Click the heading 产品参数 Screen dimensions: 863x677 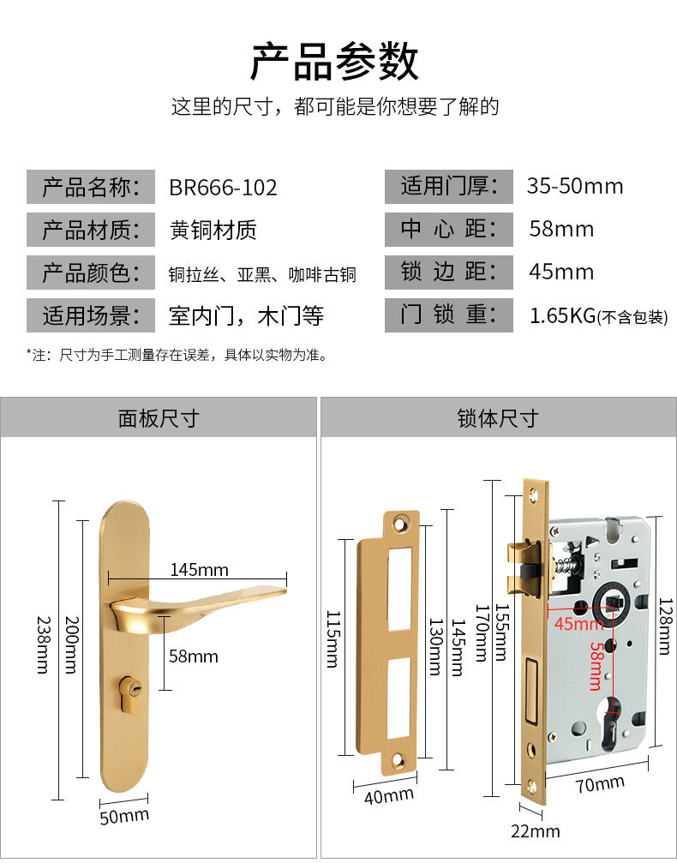(335, 61)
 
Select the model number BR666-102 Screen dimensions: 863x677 (223, 187)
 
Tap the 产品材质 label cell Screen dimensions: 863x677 (90, 230)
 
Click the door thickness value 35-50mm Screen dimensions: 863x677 (575, 186)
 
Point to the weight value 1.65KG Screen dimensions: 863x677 (563, 315)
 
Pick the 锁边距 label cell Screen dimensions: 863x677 (449, 273)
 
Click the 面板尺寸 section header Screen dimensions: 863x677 (159, 418)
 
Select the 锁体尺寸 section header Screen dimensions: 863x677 (498, 418)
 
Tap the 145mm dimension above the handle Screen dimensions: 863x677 (199, 570)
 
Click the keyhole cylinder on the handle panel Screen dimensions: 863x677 (133, 688)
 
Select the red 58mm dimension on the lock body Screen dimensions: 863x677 (595, 664)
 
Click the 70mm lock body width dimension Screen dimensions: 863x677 (600, 784)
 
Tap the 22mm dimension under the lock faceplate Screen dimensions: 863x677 (536, 831)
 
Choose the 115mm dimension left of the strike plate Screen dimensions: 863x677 (333, 638)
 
